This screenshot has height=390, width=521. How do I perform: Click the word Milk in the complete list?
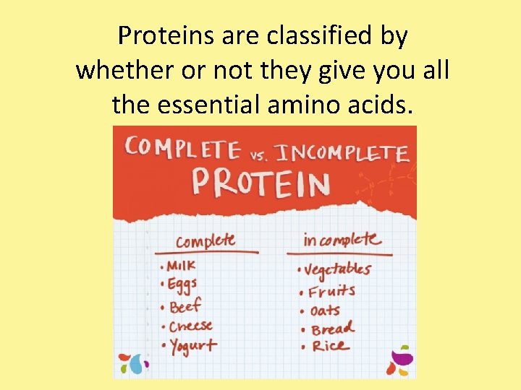click(x=182, y=265)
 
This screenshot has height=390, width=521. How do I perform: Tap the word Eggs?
click(x=182, y=285)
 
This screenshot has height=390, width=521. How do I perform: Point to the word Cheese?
click(x=191, y=326)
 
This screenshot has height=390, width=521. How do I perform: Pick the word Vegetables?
click(x=338, y=270)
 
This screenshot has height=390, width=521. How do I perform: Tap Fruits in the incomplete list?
click(x=331, y=292)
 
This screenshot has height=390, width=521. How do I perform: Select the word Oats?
click(x=325, y=311)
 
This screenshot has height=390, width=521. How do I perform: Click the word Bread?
click(x=333, y=329)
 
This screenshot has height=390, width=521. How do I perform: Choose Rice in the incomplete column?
click(x=329, y=347)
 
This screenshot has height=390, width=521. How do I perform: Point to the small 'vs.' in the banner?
click(x=259, y=153)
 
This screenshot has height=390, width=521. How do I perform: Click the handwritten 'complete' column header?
click(x=206, y=240)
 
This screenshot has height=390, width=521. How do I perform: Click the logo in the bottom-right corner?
click(x=399, y=361)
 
